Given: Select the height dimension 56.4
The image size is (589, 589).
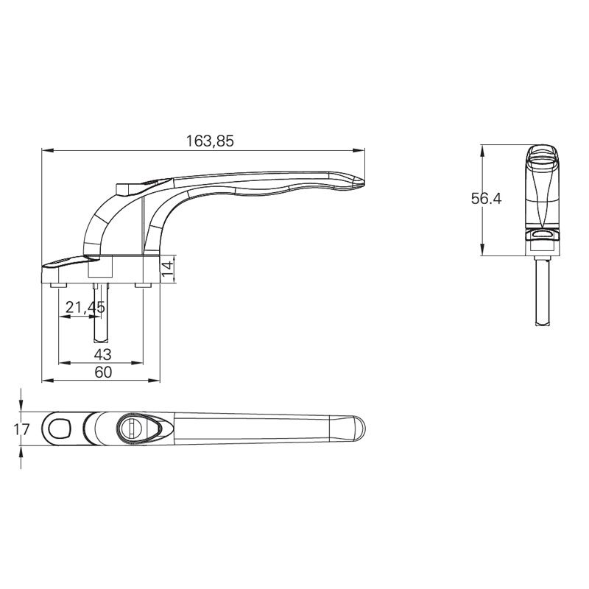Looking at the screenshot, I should [x=486, y=199].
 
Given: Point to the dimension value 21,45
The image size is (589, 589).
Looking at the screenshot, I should [x=84, y=308].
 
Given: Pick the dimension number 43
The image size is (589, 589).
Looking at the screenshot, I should [x=103, y=355].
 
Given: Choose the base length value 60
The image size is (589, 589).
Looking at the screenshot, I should [x=103, y=373].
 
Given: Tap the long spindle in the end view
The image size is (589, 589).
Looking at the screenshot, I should [x=543, y=291].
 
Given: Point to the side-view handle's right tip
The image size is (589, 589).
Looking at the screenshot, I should [x=361, y=180].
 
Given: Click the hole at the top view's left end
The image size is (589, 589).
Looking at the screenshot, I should [x=59, y=427].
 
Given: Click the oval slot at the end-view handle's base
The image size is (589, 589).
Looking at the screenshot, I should [x=543, y=234].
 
